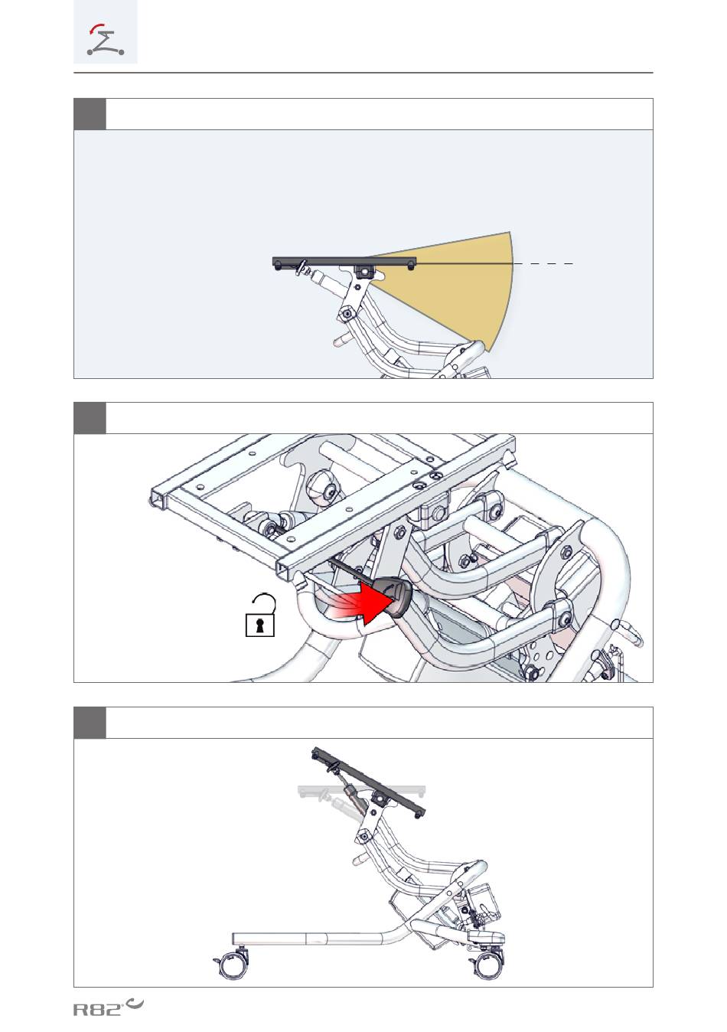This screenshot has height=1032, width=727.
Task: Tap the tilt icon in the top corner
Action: tap(106, 40)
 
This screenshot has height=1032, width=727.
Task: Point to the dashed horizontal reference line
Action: tap(543, 264)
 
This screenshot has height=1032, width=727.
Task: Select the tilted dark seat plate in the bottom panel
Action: tap(368, 782)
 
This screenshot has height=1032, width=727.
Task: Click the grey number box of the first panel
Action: tap(90, 114)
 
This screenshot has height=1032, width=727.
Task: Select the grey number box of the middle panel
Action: tap(90, 418)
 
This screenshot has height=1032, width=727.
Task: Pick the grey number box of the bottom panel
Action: tap(90, 723)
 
